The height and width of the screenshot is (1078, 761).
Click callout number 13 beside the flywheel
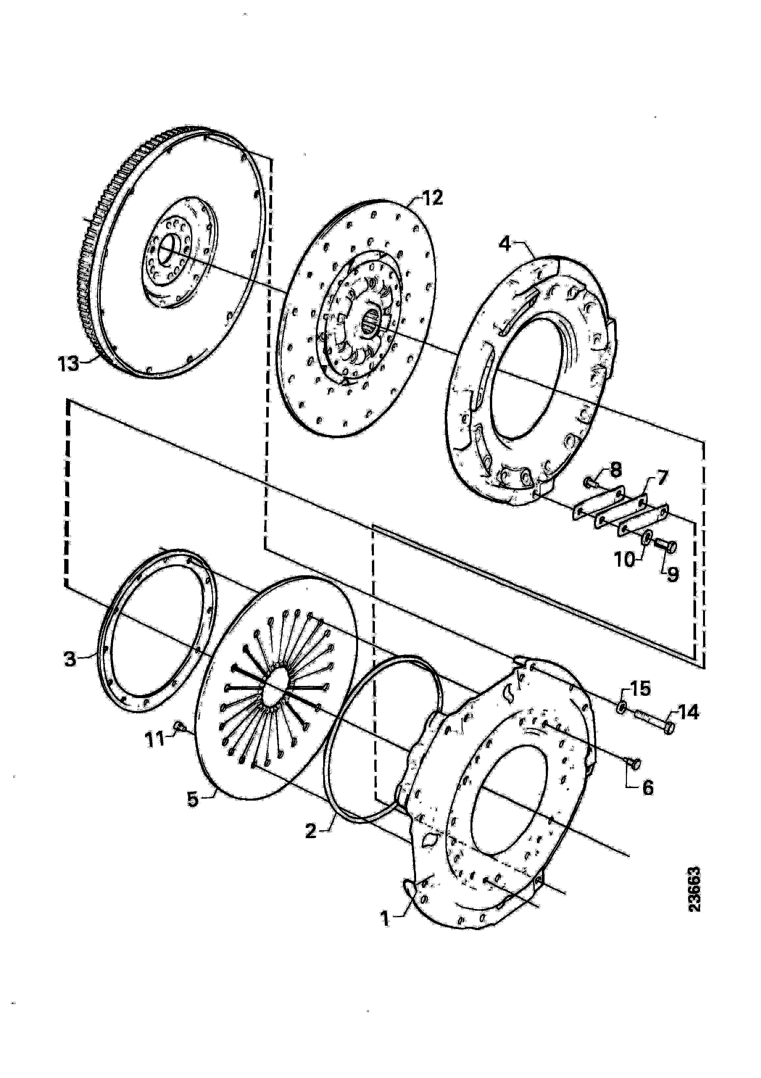69,364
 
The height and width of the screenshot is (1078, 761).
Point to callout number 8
615,468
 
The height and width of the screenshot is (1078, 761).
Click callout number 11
155,740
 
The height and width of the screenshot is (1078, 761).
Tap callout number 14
688,713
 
